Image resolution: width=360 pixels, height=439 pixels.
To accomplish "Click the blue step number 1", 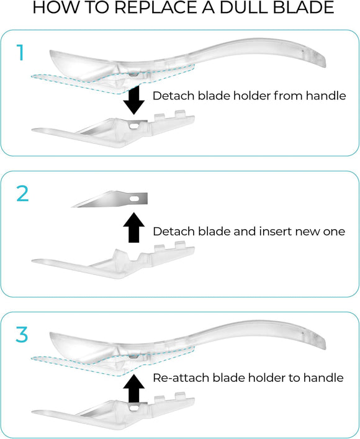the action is pyautogui.click(x=20, y=52).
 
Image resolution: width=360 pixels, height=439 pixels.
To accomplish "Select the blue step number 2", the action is pyautogui.click(x=22, y=194).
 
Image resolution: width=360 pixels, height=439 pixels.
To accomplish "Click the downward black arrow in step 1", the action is pyautogui.click(x=134, y=100).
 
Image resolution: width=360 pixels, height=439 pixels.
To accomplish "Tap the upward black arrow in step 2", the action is pyautogui.click(x=134, y=227).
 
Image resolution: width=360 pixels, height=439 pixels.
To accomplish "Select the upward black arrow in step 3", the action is pyautogui.click(x=134, y=389).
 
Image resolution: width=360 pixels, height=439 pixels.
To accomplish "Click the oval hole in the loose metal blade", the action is pyautogui.click(x=135, y=199).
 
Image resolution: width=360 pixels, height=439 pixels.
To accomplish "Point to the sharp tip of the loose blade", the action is pyautogui.click(x=72, y=207).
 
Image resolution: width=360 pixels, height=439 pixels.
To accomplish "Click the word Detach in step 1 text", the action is pyautogui.click(x=174, y=96).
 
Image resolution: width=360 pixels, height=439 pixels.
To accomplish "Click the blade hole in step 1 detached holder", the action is pyautogui.click(x=134, y=126).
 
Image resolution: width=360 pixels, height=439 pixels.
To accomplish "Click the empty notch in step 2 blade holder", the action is pyautogui.click(x=134, y=257).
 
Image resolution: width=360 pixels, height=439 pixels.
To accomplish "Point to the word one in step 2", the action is pyautogui.click(x=335, y=232).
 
